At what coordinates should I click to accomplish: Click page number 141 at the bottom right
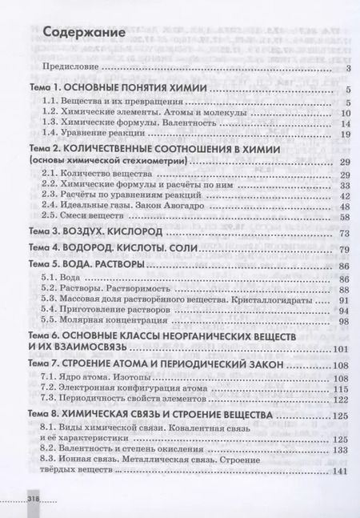[342, 471]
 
